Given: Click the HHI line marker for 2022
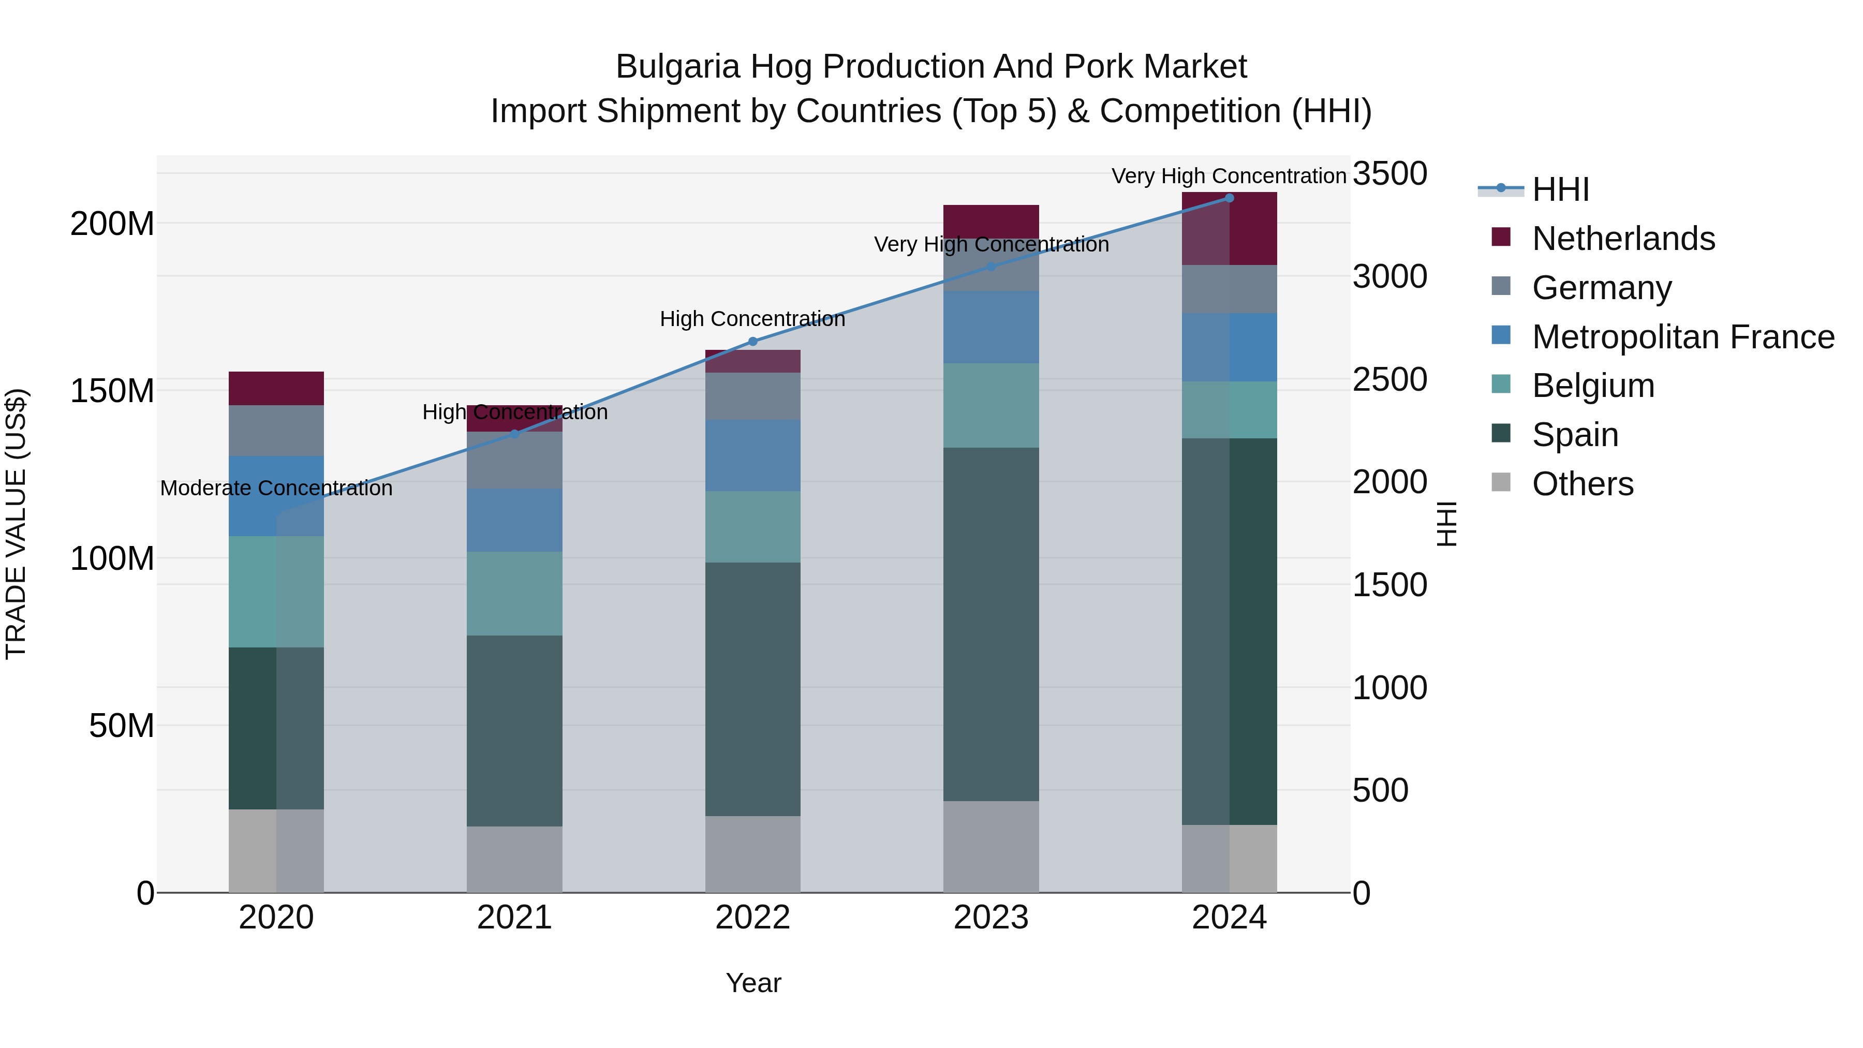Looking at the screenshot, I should click(x=752, y=342).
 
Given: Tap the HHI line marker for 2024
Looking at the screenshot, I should click(x=1229, y=198).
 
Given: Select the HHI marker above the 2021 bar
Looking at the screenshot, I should click(x=514, y=434).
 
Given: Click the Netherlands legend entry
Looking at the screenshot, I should click(x=1622, y=239).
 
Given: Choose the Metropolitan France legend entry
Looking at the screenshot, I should click(x=1682, y=337).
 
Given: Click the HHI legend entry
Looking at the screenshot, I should click(x=1560, y=189).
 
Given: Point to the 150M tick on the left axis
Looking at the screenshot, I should click(x=112, y=391).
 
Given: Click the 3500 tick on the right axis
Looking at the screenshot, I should click(x=1389, y=174).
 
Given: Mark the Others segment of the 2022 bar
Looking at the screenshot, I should click(x=752, y=853).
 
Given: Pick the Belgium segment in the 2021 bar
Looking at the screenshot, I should click(x=514, y=593).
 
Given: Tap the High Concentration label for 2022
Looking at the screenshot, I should click(x=752, y=319).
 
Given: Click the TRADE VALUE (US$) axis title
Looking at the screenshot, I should click(x=16, y=524).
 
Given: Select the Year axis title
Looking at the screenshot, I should click(x=753, y=983).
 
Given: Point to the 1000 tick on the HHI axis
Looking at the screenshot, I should click(x=1389, y=688).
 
